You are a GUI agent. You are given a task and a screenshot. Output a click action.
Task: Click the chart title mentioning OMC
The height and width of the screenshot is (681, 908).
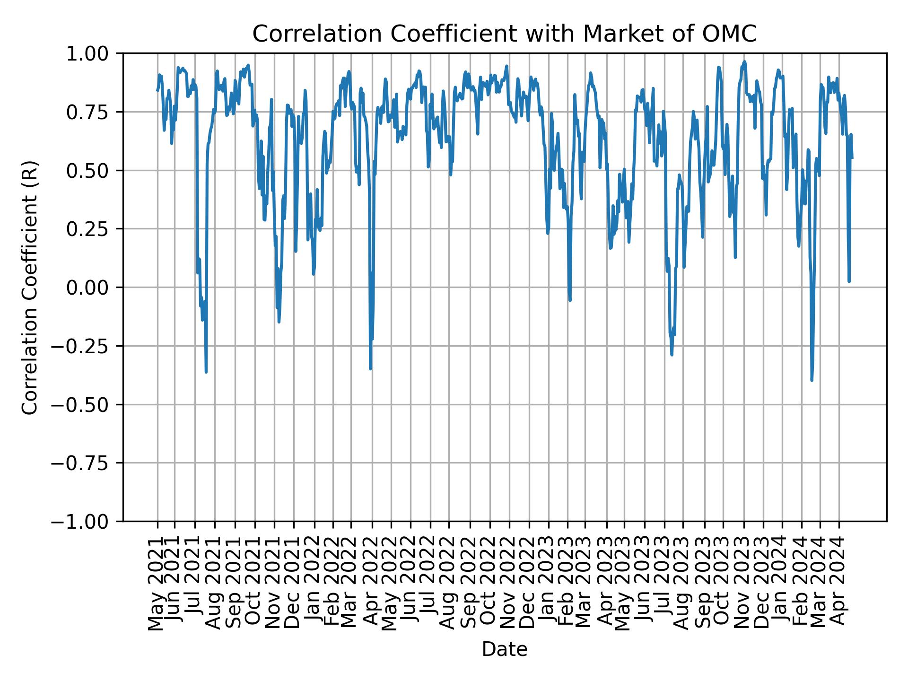coord(505,34)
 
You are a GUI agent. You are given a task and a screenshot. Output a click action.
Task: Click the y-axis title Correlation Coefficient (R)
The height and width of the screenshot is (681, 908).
coord(30,288)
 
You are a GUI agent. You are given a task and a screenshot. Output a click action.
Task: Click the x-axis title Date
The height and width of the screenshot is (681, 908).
coord(505,650)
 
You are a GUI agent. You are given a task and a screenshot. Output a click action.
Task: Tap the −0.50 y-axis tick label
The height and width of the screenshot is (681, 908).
coord(87,404)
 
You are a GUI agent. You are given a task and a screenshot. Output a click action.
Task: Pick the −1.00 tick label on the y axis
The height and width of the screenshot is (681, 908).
coord(87,521)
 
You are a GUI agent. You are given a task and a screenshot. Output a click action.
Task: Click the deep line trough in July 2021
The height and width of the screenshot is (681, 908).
coord(206,372)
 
